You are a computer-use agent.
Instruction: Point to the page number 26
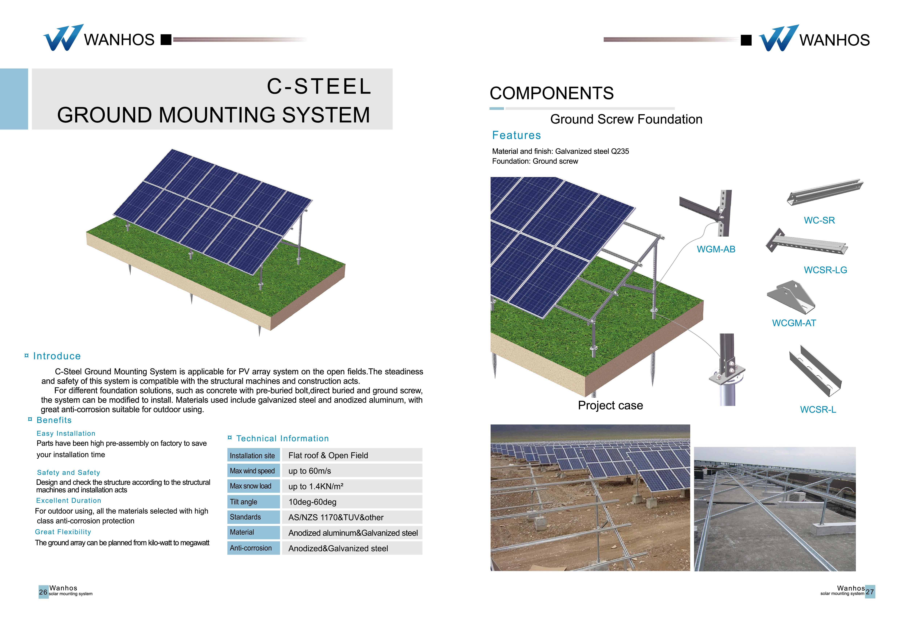tap(43, 592)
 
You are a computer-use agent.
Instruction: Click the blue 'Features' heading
tap(516, 135)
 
